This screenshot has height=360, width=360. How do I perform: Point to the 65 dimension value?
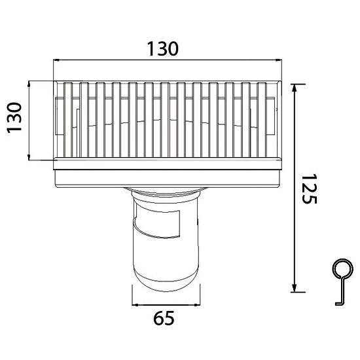[164, 319]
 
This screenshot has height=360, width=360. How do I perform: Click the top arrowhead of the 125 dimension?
[295, 87]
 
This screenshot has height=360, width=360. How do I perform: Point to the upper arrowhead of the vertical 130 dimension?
[30, 84]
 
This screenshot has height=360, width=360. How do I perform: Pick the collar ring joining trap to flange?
[166, 192]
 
